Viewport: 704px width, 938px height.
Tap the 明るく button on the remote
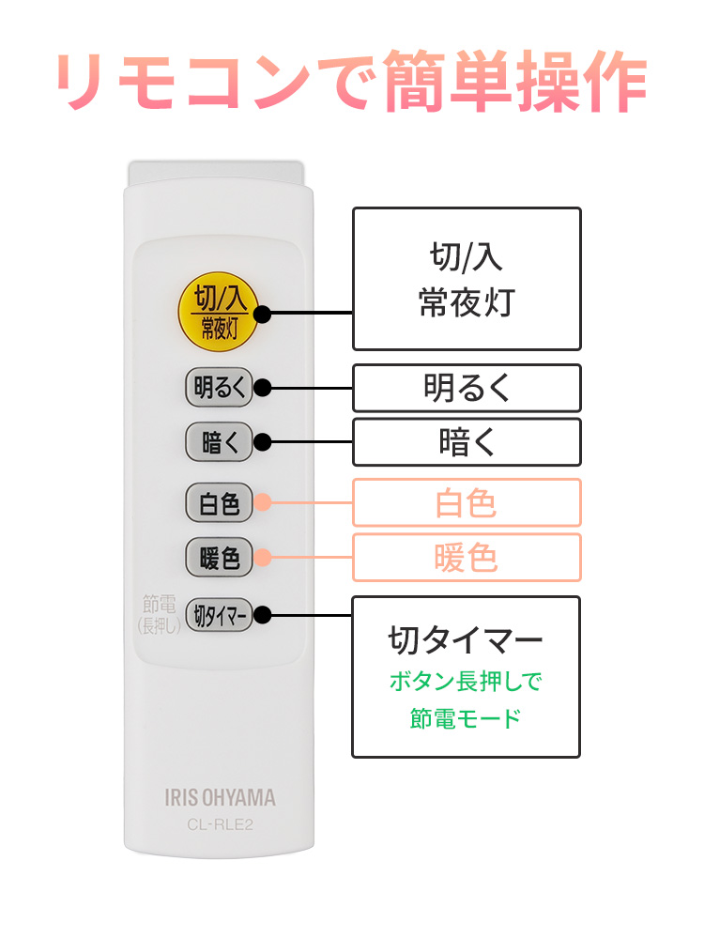(219, 387)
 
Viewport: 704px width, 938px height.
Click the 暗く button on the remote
(219, 442)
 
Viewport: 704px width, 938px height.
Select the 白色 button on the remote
(219, 503)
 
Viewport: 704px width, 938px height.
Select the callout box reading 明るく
(467, 388)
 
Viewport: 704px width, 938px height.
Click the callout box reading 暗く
(467, 442)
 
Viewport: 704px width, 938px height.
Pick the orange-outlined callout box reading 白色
(467, 503)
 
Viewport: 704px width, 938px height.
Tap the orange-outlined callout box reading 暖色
(467, 559)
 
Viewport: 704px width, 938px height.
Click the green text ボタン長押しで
(466, 681)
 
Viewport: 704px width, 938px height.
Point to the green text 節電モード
(466, 719)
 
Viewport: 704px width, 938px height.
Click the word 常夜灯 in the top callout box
(467, 302)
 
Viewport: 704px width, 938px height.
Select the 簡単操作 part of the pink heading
(514, 84)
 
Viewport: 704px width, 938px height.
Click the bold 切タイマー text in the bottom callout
(466, 641)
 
